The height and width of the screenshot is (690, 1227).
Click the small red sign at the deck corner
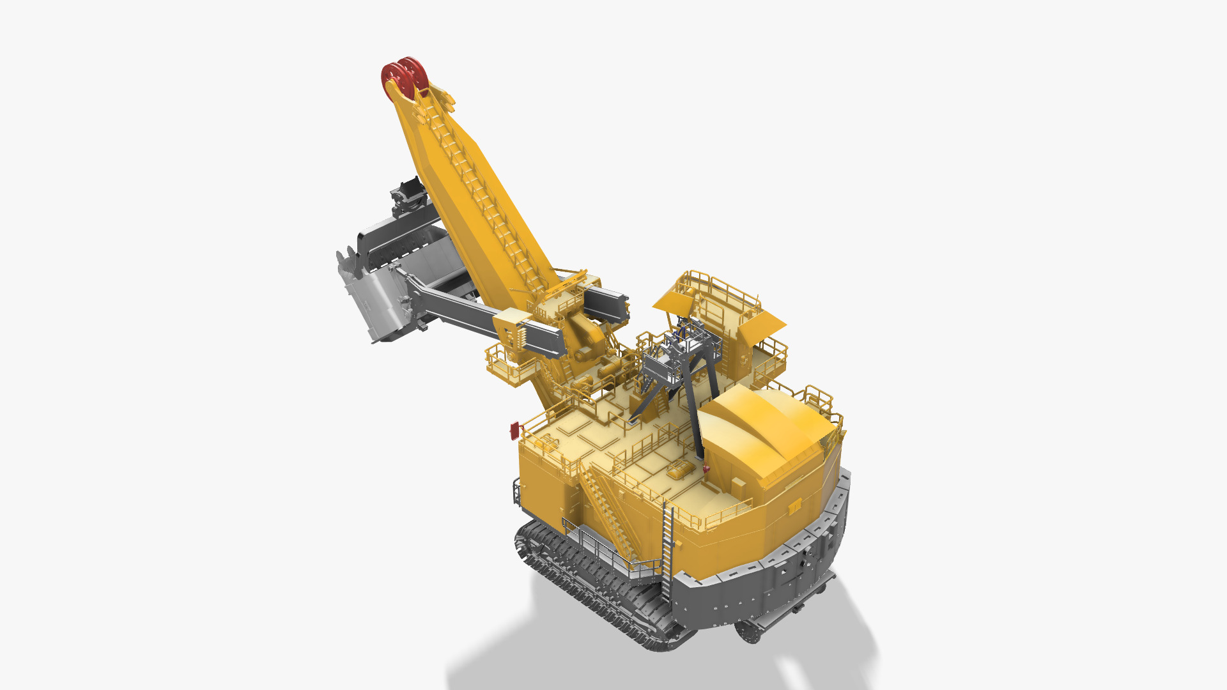pyautogui.click(x=514, y=431)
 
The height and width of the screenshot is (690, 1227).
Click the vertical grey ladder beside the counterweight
pyautogui.click(x=667, y=549)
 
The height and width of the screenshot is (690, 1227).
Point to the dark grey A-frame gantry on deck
pyautogui.click(x=677, y=377)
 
